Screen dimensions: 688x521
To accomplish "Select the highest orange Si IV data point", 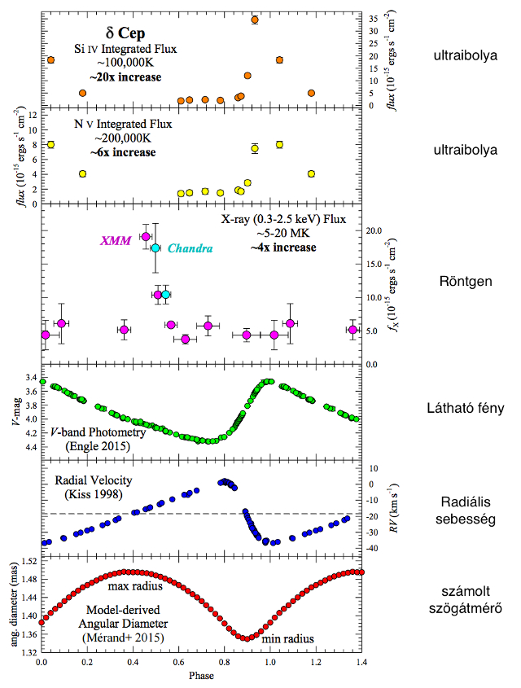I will [x=255, y=20].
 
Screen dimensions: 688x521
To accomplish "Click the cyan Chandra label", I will [x=190, y=248].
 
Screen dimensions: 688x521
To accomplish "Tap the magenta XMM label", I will [x=116, y=241].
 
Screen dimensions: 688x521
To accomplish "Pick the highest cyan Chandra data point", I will [x=155, y=248].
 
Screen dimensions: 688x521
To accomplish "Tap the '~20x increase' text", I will [x=125, y=77].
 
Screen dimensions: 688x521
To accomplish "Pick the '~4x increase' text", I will [x=283, y=247].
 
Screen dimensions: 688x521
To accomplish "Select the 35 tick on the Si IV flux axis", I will [x=374, y=18].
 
